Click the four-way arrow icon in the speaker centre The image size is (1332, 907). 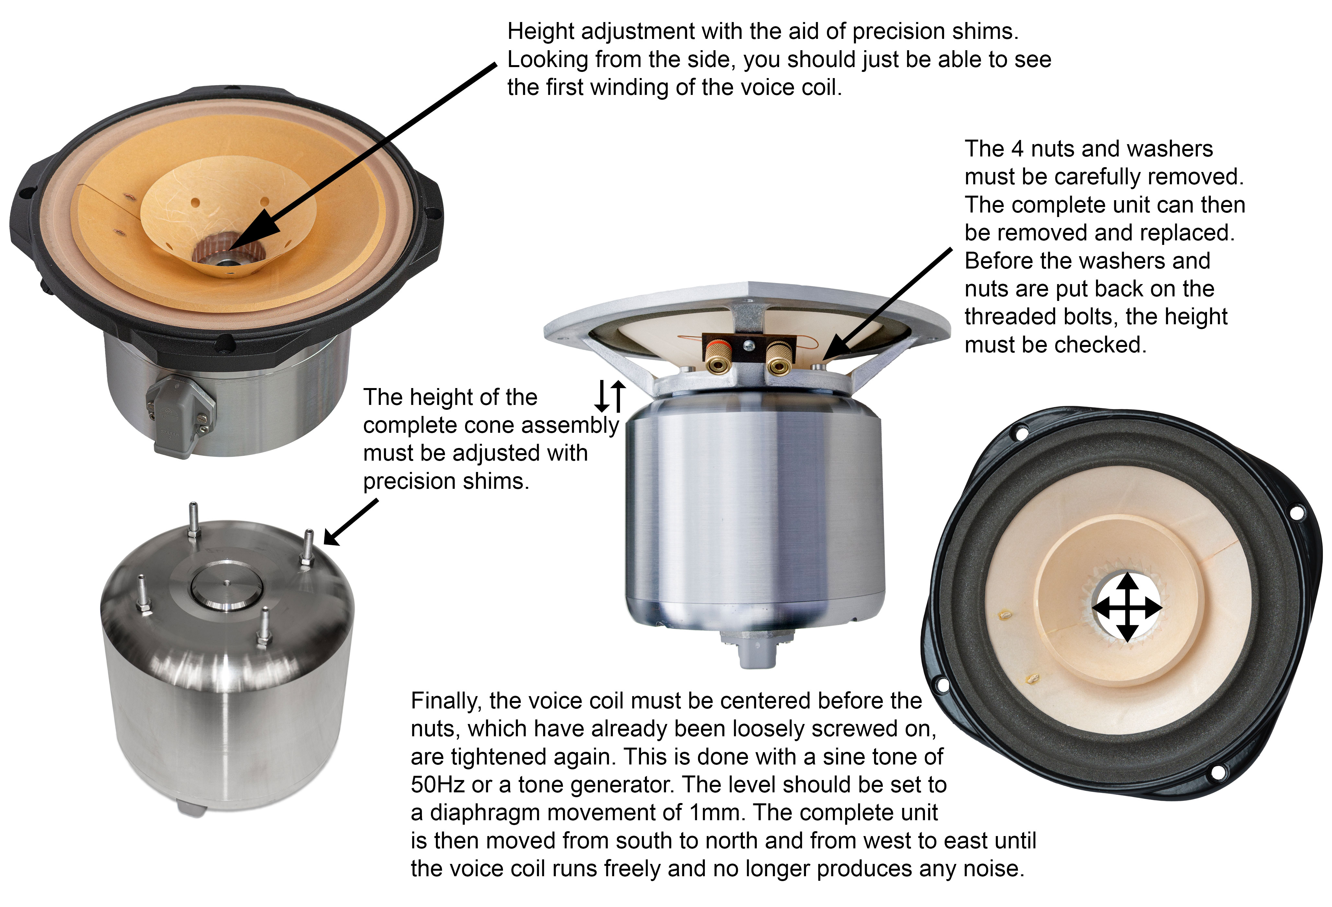[x=1128, y=607]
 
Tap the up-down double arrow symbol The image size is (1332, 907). [x=610, y=396]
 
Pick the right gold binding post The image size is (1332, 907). [x=778, y=358]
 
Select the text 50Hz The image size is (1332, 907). [x=437, y=784]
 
